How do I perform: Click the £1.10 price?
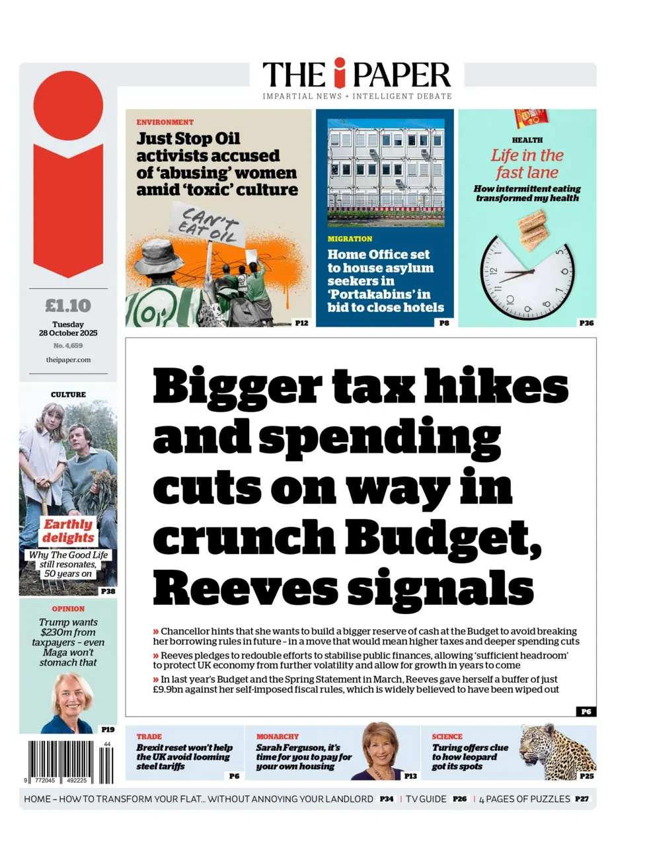point(68,306)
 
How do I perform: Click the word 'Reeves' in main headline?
point(245,588)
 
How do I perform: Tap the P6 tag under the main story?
point(586,711)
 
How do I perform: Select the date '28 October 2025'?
point(68,333)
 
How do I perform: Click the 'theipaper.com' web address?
point(68,360)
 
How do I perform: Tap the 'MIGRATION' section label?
point(350,239)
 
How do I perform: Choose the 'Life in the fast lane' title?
point(527,164)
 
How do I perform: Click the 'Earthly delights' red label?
point(68,531)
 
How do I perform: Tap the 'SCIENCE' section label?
point(447,736)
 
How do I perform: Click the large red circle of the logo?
point(68,106)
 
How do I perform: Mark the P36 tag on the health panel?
point(586,323)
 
